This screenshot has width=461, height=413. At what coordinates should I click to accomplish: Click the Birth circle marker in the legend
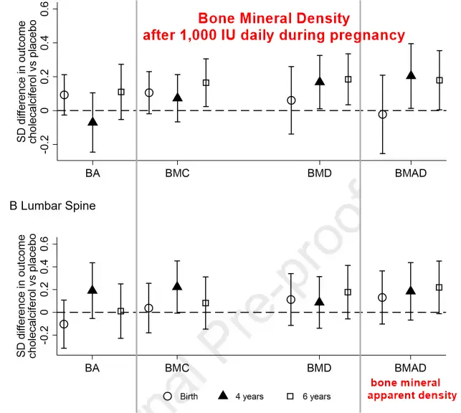[x=168, y=395]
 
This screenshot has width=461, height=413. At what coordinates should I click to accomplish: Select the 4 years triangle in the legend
[x=222, y=395]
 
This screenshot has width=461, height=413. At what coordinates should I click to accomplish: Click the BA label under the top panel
[x=92, y=173]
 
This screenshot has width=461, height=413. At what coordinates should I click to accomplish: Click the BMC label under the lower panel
[x=176, y=369]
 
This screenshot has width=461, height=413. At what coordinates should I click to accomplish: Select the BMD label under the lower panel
[x=319, y=369]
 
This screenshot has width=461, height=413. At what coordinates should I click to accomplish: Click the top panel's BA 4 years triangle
[x=92, y=121]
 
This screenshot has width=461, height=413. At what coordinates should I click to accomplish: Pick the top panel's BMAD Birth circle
[x=383, y=115]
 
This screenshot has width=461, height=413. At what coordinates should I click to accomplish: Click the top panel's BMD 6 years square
[x=348, y=80]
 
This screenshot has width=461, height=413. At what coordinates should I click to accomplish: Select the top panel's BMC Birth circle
[x=149, y=92]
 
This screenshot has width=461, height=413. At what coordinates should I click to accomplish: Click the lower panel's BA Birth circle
[x=65, y=324]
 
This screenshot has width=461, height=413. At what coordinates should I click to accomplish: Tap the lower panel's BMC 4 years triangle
[x=177, y=286]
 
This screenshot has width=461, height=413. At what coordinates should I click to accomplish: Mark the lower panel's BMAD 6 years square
[x=439, y=288]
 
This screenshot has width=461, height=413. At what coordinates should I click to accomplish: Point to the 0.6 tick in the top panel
[x=45, y=9]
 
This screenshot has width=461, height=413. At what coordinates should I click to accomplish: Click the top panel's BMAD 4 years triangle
[x=411, y=75]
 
